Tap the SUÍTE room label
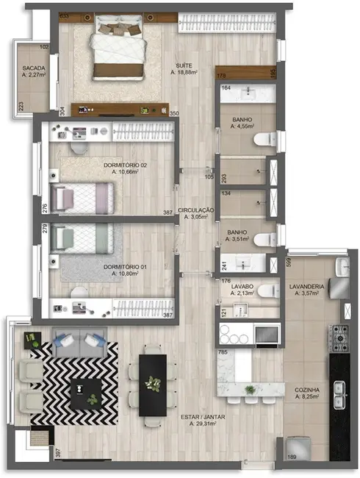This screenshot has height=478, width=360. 184,68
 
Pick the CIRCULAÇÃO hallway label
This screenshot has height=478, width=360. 195,213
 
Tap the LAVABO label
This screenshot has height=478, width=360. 242,289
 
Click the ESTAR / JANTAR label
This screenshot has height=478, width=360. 204,420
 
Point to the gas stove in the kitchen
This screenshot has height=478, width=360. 339,338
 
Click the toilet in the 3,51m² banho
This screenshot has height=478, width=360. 267,240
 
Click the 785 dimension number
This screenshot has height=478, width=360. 223,354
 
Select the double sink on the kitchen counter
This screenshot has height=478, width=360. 339,397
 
